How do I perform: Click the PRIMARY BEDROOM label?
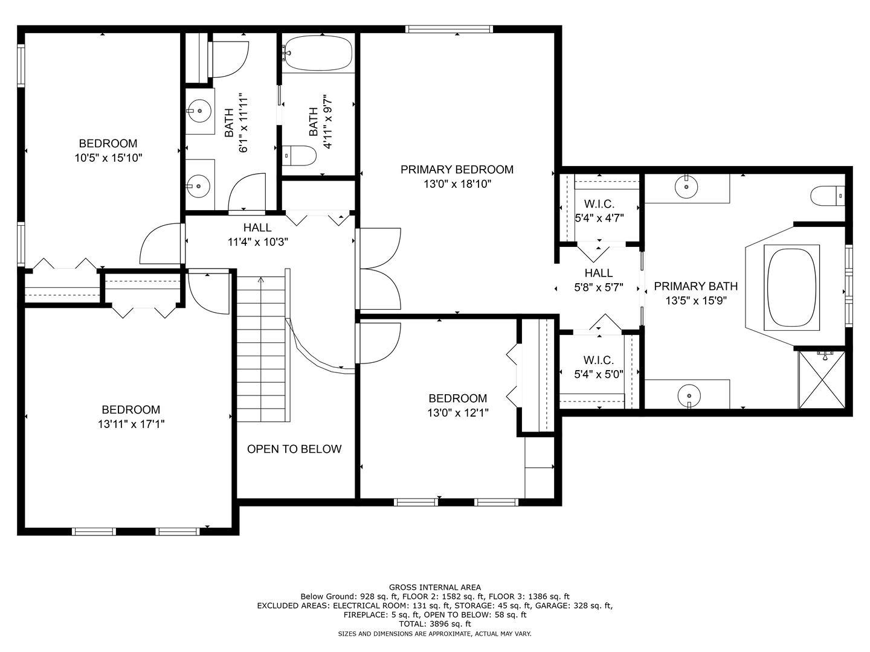click(457, 170)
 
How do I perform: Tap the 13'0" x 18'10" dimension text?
click(457, 184)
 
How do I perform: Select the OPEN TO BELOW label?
click(294, 449)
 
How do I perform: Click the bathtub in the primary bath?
click(791, 288)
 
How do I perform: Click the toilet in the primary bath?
click(828, 196)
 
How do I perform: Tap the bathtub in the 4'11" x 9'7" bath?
click(318, 53)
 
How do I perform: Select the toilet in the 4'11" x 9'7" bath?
click(299, 156)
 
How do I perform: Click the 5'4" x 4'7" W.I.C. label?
click(599, 204)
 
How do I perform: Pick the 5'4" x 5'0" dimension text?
click(599, 374)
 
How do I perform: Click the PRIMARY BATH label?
click(695, 286)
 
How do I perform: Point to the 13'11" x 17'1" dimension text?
click(131, 424)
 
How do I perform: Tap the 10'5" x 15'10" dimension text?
click(108, 158)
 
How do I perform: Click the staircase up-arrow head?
click(261, 280)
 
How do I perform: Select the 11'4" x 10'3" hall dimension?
click(257, 242)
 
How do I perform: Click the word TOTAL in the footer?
click(413, 624)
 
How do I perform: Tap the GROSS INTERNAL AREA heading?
click(435, 587)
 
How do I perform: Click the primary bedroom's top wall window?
click(449, 29)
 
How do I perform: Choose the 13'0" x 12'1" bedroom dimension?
click(458, 413)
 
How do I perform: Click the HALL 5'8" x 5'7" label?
click(599, 280)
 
